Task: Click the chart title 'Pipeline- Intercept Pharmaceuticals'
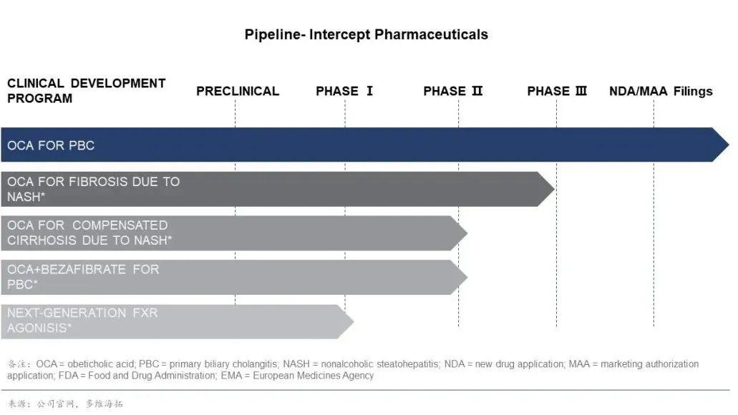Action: (x=366, y=35)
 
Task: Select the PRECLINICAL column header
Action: (x=238, y=92)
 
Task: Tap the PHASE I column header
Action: (x=344, y=92)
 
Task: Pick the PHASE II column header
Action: (x=453, y=92)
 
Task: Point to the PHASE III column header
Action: (x=557, y=92)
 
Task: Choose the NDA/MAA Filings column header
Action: (x=661, y=92)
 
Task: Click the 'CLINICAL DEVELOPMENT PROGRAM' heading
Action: (x=86, y=91)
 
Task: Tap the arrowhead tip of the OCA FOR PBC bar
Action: (x=729, y=145)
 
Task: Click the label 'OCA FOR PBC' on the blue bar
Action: (x=51, y=145)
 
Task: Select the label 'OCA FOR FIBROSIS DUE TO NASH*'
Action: (x=93, y=189)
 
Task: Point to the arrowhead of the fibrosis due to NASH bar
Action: (x=546, y=189)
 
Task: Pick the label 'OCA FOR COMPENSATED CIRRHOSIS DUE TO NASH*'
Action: (x=89, y=233)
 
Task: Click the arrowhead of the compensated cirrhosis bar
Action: (x=459, y=233)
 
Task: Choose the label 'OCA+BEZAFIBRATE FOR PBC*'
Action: (x=83, y=277)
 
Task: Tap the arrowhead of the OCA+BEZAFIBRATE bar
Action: (x=459, y=277)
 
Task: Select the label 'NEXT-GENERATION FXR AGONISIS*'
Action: (x=82, y=321)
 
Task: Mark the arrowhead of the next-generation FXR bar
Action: (x=345, y=322)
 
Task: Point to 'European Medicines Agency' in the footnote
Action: (x=313, y=376)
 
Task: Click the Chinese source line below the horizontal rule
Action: (x=65, y=404)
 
